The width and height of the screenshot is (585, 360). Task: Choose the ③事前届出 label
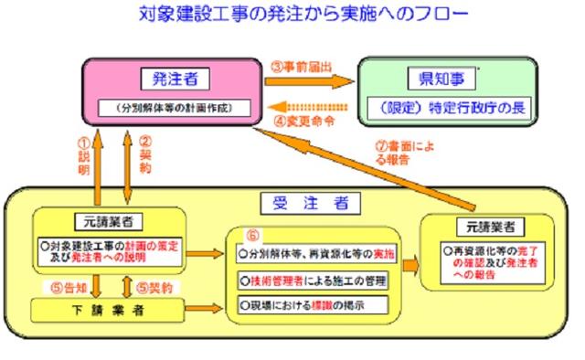303,67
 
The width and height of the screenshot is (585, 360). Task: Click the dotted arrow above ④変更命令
311,103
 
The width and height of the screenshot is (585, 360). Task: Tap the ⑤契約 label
155,286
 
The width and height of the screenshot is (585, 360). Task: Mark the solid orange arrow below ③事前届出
311,82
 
